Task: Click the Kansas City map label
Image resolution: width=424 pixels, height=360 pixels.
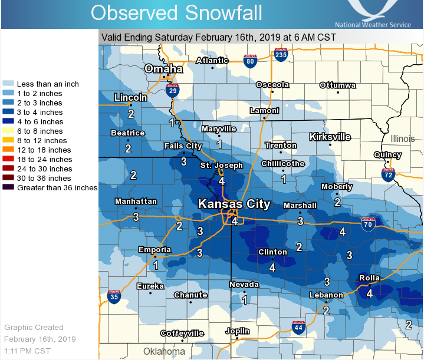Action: tap(234, 204)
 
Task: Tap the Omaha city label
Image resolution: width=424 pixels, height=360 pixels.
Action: tap(164, 69)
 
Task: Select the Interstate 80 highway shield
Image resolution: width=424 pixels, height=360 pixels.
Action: tap(251, 61)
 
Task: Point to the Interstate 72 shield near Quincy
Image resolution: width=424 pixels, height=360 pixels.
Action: tap(387, 175)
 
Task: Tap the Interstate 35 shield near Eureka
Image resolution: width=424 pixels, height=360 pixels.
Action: tap(114, 297)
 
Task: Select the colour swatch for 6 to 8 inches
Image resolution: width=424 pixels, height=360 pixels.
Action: tap(9, 131)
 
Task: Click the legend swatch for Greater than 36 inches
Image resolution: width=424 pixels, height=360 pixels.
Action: tap(9, 188)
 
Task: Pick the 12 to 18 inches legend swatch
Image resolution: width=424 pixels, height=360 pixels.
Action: tap(9, 150)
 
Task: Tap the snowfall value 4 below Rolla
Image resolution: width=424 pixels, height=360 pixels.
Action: tap(370, 293)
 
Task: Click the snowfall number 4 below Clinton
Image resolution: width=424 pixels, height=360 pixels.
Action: tap(272, 267)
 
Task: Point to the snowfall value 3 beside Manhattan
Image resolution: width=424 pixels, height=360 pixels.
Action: tap(136, 217)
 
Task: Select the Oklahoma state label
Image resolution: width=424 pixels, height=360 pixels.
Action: tap(165, 351)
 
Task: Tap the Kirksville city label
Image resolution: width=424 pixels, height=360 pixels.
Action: tap(330, 137)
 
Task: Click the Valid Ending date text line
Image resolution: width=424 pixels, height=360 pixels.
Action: tap(219, 37)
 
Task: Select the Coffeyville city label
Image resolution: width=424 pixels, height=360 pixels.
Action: tap(182, 333)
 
